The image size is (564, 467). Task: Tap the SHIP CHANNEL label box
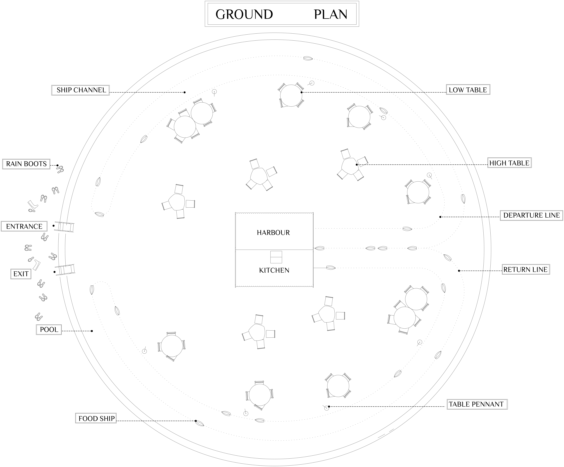tap(81, 90)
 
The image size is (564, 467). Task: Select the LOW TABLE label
tap(468, 90)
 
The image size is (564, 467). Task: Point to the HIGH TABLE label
tap(509, 163)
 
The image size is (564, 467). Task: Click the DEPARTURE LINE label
tap(531, 215)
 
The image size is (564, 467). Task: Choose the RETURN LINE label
tap(525, 270)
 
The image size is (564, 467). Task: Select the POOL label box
tap(49, 330)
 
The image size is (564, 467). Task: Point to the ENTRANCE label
tap(24, 226)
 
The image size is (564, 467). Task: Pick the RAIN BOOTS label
tap(26, 164)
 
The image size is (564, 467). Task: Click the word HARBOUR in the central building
tap(273, 233)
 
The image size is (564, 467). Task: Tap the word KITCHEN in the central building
tap(274, 270)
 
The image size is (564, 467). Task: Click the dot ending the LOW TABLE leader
tap(301, 92)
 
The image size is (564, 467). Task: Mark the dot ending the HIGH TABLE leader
tap(357, 165)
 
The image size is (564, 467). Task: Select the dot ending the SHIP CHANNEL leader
tap(184, 92)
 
